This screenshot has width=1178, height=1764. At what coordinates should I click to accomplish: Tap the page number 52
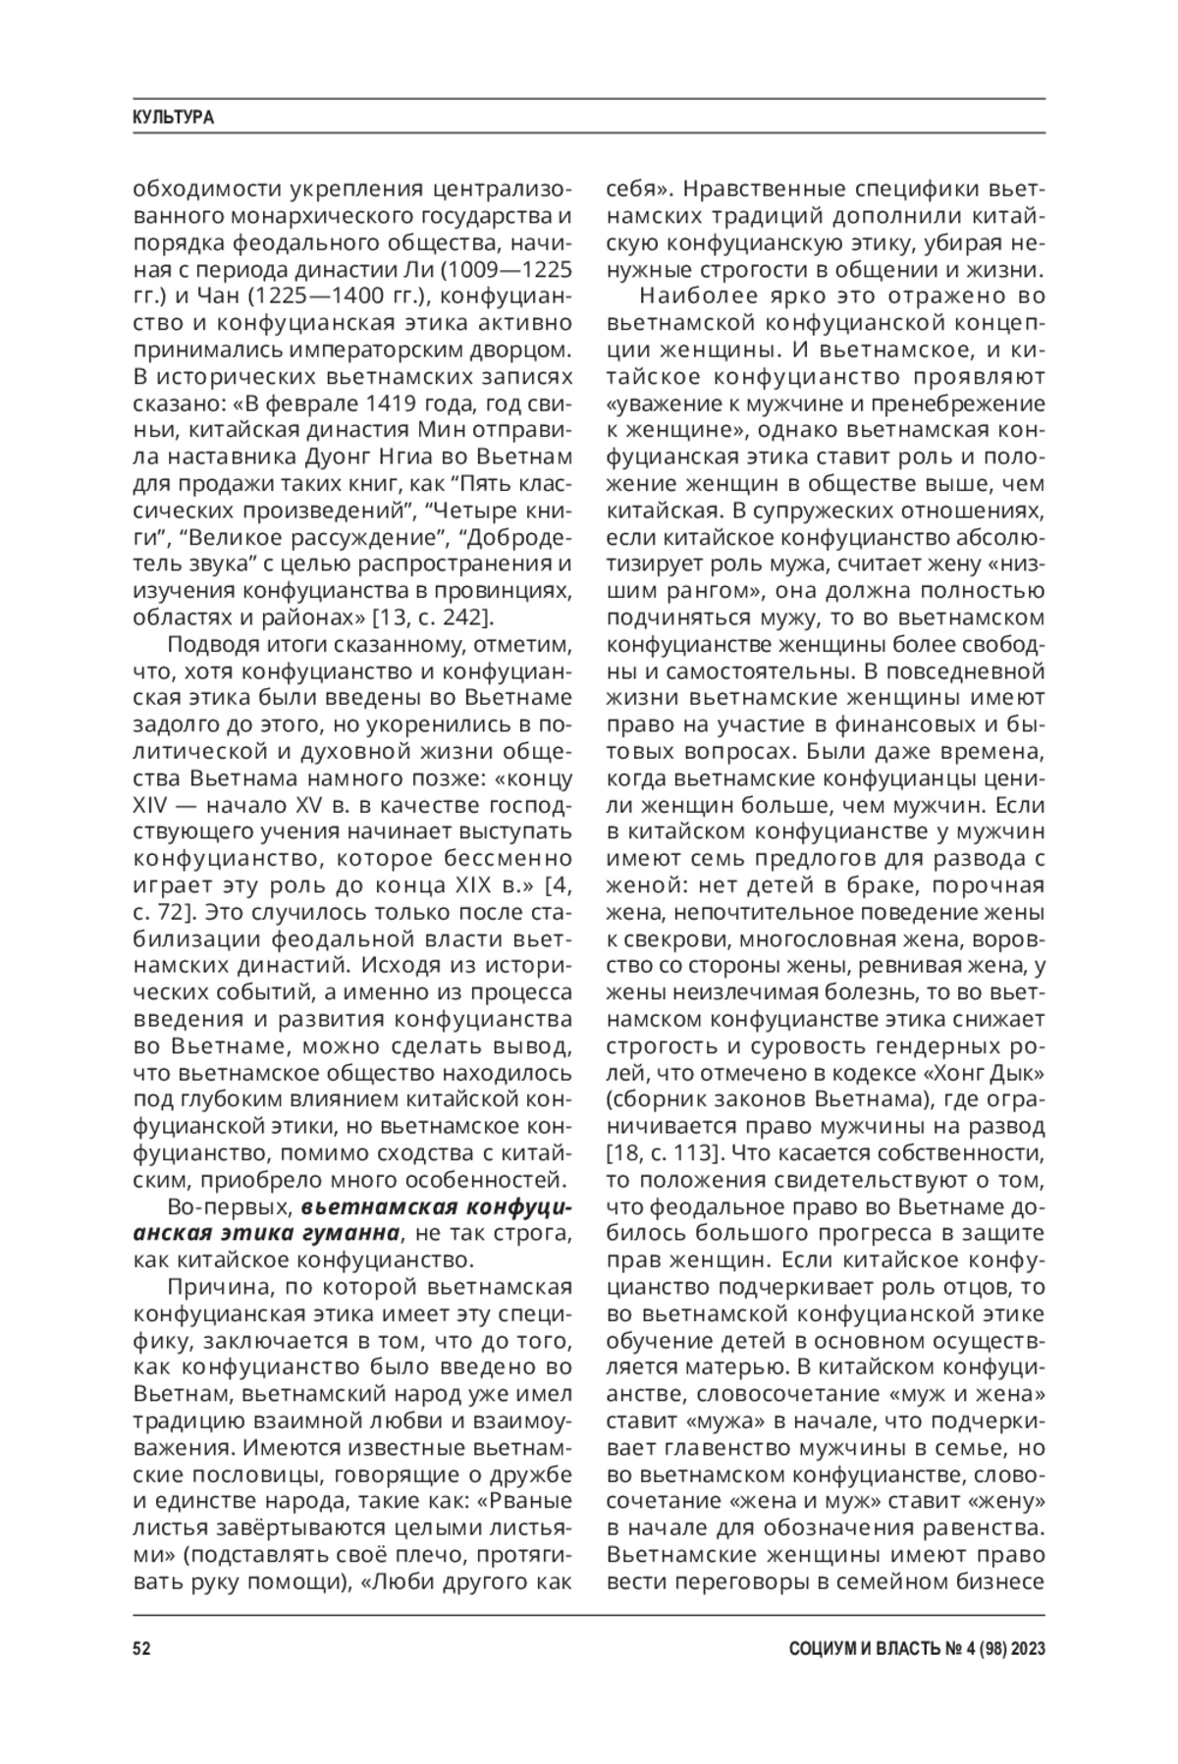point(142,1648)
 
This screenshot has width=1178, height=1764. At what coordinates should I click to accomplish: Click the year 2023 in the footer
point(1024,1648)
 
